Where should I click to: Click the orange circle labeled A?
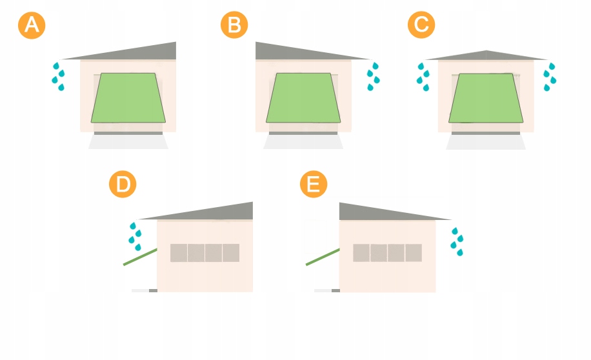[x=32, y=25]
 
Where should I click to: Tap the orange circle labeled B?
[x=234, y=25]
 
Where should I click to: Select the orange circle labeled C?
[x=421, y=25]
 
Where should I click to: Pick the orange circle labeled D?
[x=123, y=184]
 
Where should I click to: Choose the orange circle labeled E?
[x=314, y=184]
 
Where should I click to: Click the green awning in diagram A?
[x=128, y=98]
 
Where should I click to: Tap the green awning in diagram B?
[x=303, y=98]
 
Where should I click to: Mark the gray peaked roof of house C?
[x=486, y=56]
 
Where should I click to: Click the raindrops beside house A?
[x=59, y=77]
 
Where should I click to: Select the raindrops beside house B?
[x=373, y=77]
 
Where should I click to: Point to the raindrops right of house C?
[x=550, y=77]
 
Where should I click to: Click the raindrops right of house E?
[x=457, y=242]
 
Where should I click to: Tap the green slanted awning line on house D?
[x=140, y=257]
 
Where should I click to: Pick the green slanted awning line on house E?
[x=323, y=257]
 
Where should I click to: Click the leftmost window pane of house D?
[x=179, y=252]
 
